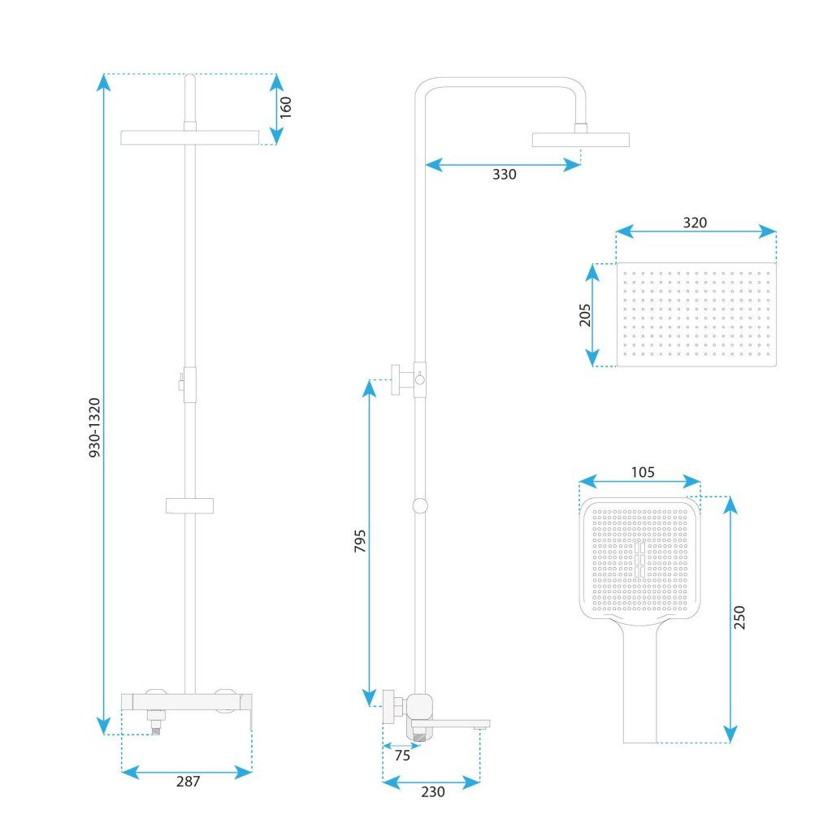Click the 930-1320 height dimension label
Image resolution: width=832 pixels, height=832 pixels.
point(94,427)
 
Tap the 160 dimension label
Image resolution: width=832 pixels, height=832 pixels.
point(285,107)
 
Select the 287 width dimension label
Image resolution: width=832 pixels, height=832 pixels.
point(188,781)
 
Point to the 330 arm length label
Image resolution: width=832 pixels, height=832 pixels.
point(504,175)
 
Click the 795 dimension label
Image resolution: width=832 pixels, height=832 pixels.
point(360,540)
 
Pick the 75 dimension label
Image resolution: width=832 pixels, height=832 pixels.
point(402,755)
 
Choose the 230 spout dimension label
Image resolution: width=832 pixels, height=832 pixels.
point(433,791)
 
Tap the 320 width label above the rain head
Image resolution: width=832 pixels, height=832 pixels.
point(695,223)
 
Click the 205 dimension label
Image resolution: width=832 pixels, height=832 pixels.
point(585,314)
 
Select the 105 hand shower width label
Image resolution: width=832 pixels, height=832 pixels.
point(643,472)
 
